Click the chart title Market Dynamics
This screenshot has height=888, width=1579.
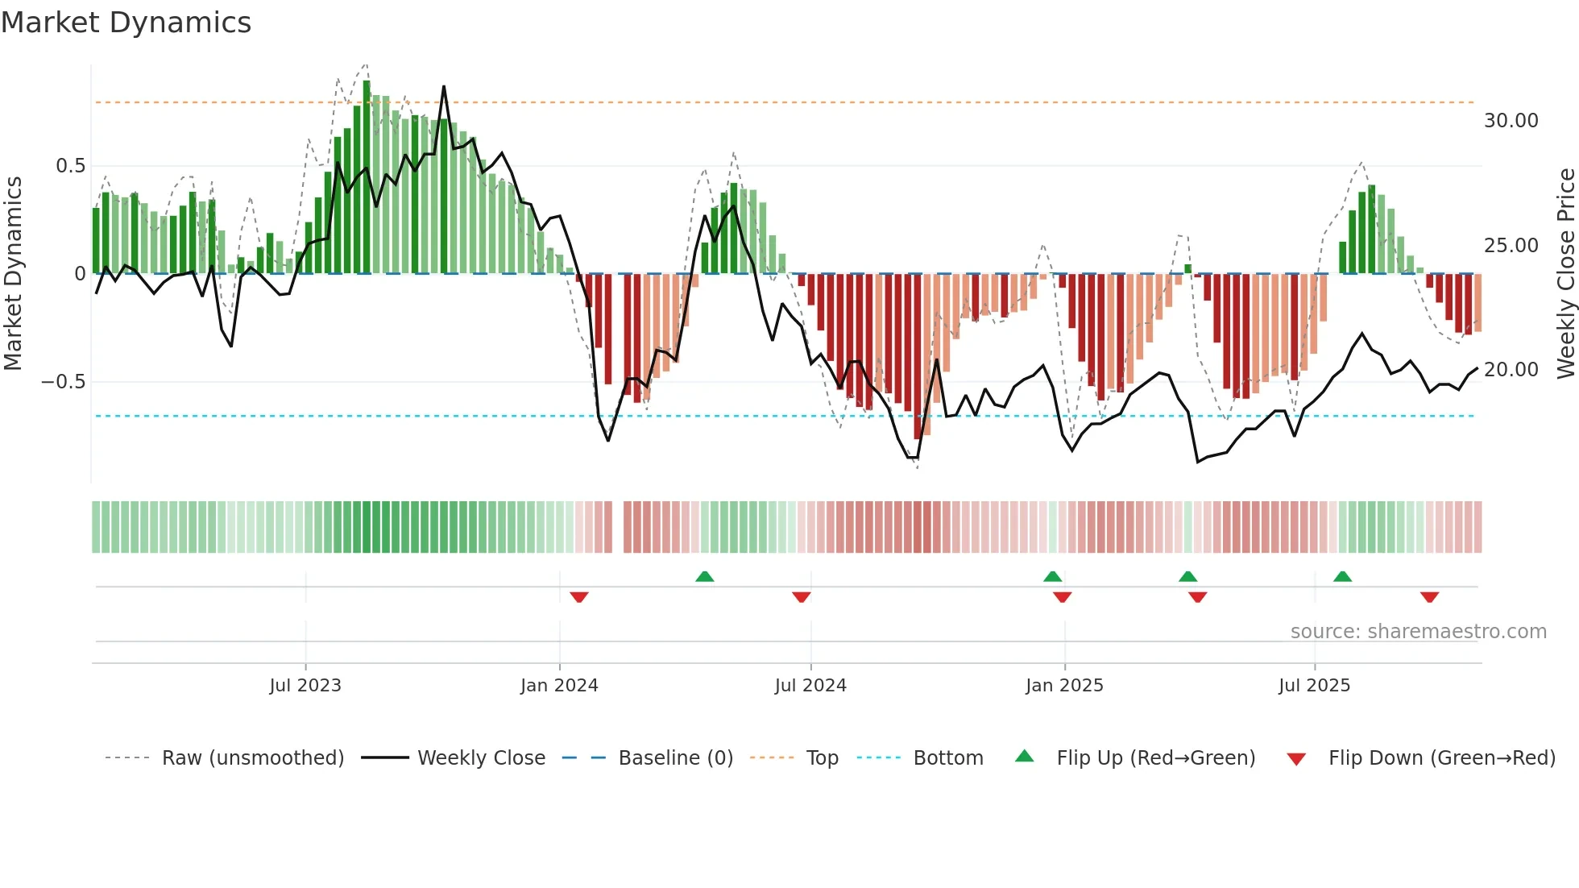pyautogui.click(x=126, y=23)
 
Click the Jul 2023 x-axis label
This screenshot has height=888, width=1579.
pyautogui.click(x=305, y=686)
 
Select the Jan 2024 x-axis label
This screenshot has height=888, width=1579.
pyautogui.click(x=559, y=686)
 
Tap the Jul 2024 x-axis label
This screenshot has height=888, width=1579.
pyautogui.click(x=810, y=686)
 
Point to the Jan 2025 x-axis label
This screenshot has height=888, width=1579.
pyautogui.click(x=1064, y=686)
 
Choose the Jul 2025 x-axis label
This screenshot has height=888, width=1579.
pyautogui.click(x=1314, y=686)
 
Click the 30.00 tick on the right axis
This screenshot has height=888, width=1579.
pyautogui.click(x=1511, y=121)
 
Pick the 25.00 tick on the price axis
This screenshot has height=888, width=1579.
pyautogui.click(x=1511, y=246)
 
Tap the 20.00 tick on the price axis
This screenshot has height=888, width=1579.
pyautogui.click(x=1511, y=370)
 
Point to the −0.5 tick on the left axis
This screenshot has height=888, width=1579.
pyautogui.click(x=63, y=382)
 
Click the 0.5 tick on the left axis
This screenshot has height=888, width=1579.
pyautogui.click(x=70, y=166)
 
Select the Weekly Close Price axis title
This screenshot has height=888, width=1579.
pyautogui.click(x=1565, y=274)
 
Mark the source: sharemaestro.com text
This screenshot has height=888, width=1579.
pyautogui.click(x=1418, y=632)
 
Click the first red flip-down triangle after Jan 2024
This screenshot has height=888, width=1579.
pyautogui.click(x=579, y=597)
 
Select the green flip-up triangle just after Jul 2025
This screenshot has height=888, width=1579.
pyautogui.click(x=1342, y=576)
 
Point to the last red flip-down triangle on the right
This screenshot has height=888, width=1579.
pyautogui.click(x=1429, y=597)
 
